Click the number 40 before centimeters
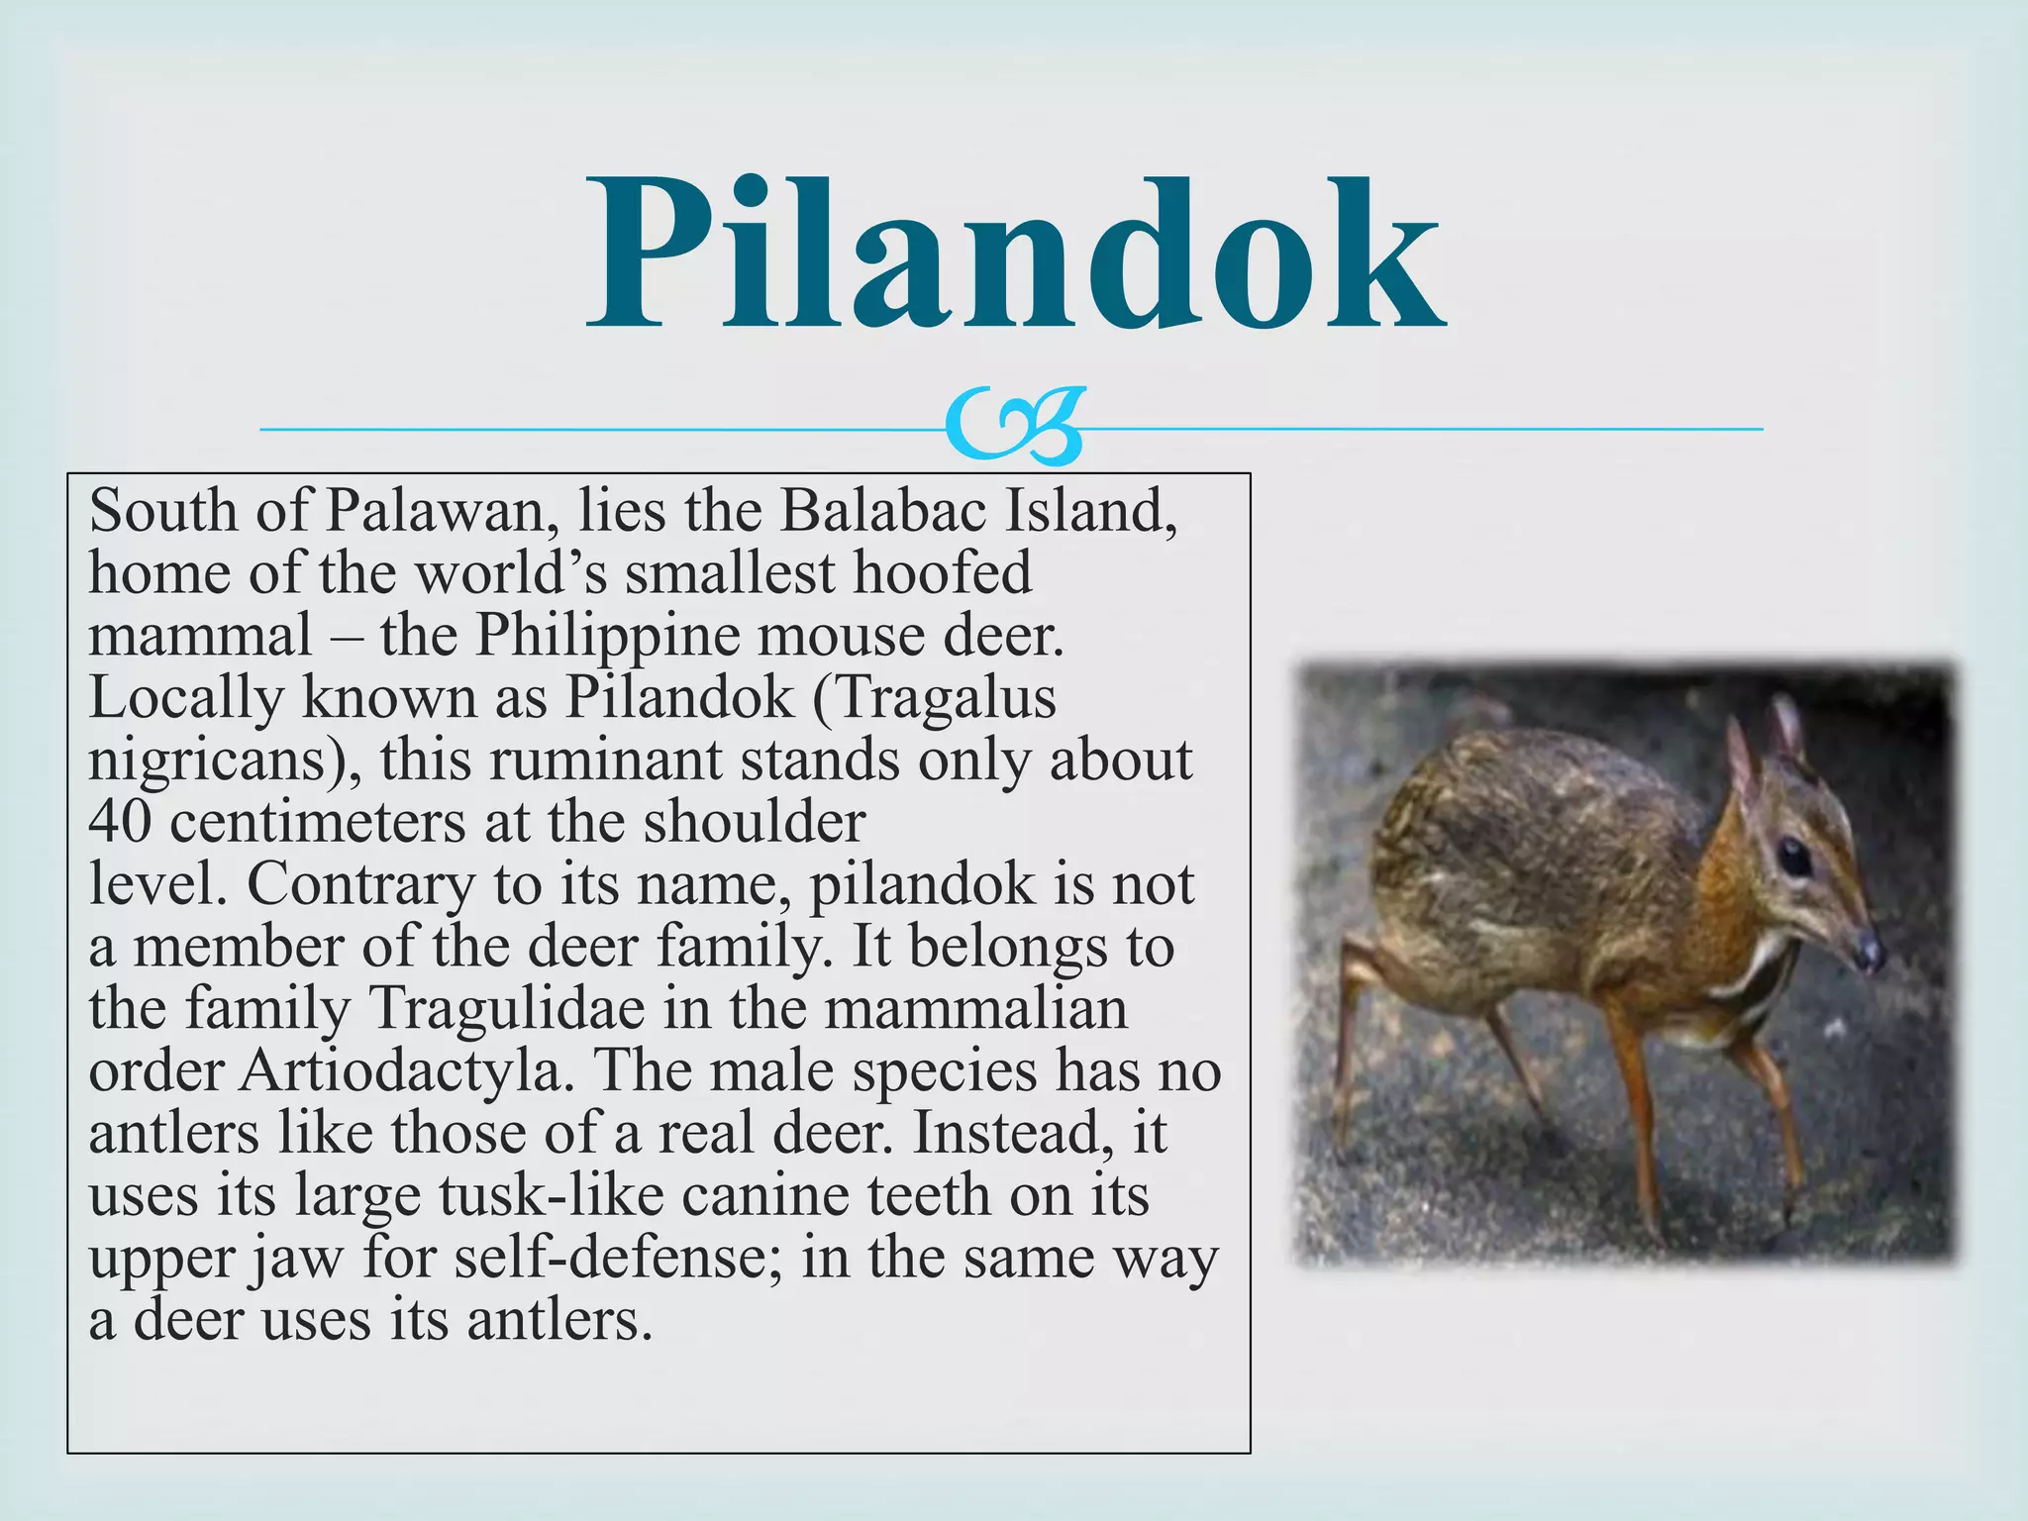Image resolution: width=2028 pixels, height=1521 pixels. pyautogui.click(x=120, y=822)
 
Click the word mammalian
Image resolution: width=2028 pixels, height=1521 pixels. pyautogui.click(x=976, y=1008)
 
